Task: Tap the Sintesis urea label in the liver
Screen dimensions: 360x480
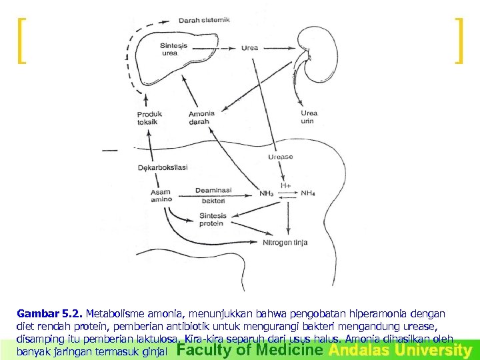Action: tap(174, 49)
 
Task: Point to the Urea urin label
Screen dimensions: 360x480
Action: tap(309, 117)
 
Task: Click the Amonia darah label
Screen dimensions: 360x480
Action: tap(202, 117)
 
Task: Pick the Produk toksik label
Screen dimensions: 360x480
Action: tap(149, 117)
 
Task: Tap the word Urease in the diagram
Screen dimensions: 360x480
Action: tap(280, 157)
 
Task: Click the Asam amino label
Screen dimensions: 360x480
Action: tap(161, 195)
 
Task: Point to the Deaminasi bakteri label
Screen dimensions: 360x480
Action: tap(213, 195)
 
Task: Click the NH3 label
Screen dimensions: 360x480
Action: tap(267, 194)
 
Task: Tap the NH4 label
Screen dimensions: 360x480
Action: tap(307, 194)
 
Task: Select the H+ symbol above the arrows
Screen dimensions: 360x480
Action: tap(285, 185)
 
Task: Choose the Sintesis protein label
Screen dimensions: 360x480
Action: tap(213, 219)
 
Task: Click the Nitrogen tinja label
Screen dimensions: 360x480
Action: tap(285, 243)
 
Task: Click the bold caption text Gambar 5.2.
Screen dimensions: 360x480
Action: tap(50, 313)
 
